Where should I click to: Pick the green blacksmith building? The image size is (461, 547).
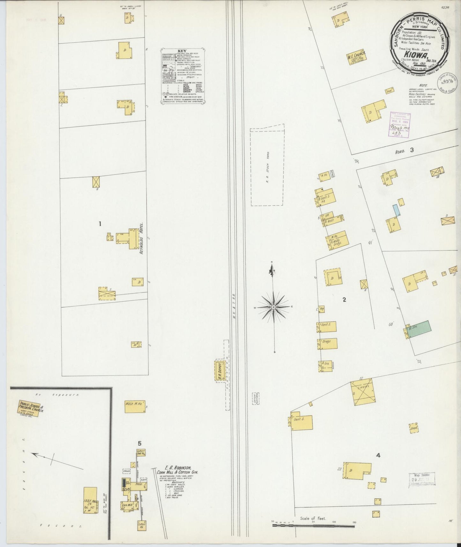[x=419, y=329]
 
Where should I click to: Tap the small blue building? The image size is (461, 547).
[x=396, y=210]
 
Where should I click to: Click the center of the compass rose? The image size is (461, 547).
[x=273, y=307]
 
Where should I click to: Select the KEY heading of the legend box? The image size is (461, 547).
[x=182, y=50]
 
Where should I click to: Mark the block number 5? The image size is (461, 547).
[x=139, y=443]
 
